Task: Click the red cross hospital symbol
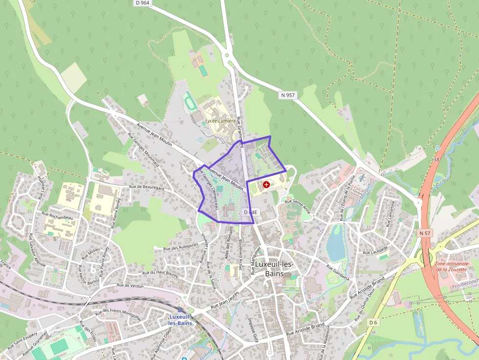266,185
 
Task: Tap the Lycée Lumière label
220,121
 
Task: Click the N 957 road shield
287,95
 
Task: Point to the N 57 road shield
425,233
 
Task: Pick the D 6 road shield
373,322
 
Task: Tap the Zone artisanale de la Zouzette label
452,266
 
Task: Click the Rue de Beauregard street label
147,188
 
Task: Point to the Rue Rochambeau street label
57,215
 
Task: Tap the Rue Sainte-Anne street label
298,205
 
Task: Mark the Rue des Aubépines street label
181,246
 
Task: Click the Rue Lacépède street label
375,252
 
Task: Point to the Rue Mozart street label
91,253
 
